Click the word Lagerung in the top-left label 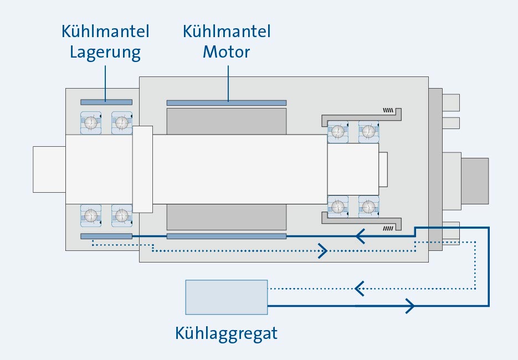pyautogui.click(x=105, y=53)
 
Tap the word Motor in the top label pyautogui.click(x=226, y=53)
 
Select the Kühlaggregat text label pyautogui.click(x=226, y=334)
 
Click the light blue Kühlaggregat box pyautogui.click(x=226, y=297)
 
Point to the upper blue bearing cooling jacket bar pyautogui.click(x=106, y=102)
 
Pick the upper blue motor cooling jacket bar pyautogui.click(x=226, y=102)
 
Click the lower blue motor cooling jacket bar pyautogui.click(x=226, y=236)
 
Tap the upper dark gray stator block pyautogui.click(x=226, y=121)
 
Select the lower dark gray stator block pyautogui.click(x=226, y=217)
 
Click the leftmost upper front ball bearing pyautogui.click(x=91, y=122)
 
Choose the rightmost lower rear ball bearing pyautogui.click(x=368, y=207)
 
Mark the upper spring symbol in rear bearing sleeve pyautogui.click(x=390, y=109)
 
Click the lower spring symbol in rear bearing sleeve pyautogui.click(x=390, y=227)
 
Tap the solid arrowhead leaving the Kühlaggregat pyautogui.click(x=411, y=305)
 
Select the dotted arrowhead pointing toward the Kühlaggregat pyautogui.click(x=359, y=289)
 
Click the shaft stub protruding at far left pyautogui.click(x=49, y=169)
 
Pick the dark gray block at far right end pyautogui.click(x=475, y=180)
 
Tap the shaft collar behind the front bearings pyautogui.click(x=142, y=169)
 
